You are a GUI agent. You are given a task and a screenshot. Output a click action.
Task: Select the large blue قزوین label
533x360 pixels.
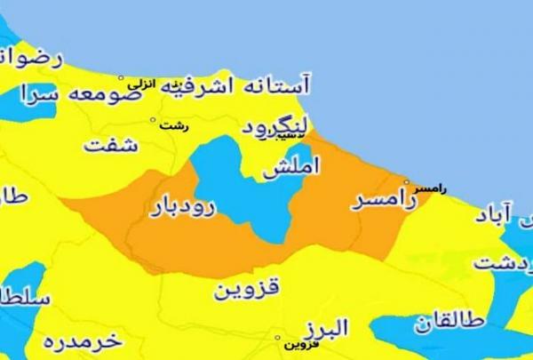pos(246,289)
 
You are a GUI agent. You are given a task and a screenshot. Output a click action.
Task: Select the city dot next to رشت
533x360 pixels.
pos(153,120)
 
